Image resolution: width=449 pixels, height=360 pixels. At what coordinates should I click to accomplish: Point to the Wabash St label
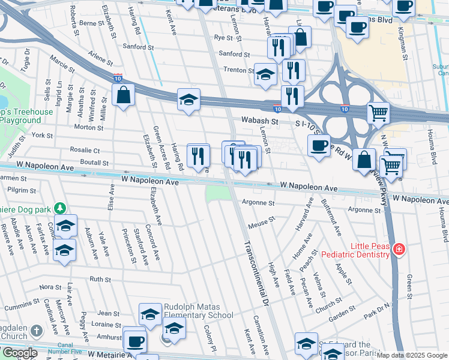click(261, 121)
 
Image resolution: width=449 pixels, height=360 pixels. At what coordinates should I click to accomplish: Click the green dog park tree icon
click(59, 208)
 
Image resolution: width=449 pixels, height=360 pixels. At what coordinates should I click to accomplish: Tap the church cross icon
click(37, 331)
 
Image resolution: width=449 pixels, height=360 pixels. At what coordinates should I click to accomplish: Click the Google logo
click(19, 353)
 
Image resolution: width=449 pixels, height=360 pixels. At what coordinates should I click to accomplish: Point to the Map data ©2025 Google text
click(412, 355)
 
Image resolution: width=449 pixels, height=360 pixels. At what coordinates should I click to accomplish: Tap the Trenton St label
click(235, 70)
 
